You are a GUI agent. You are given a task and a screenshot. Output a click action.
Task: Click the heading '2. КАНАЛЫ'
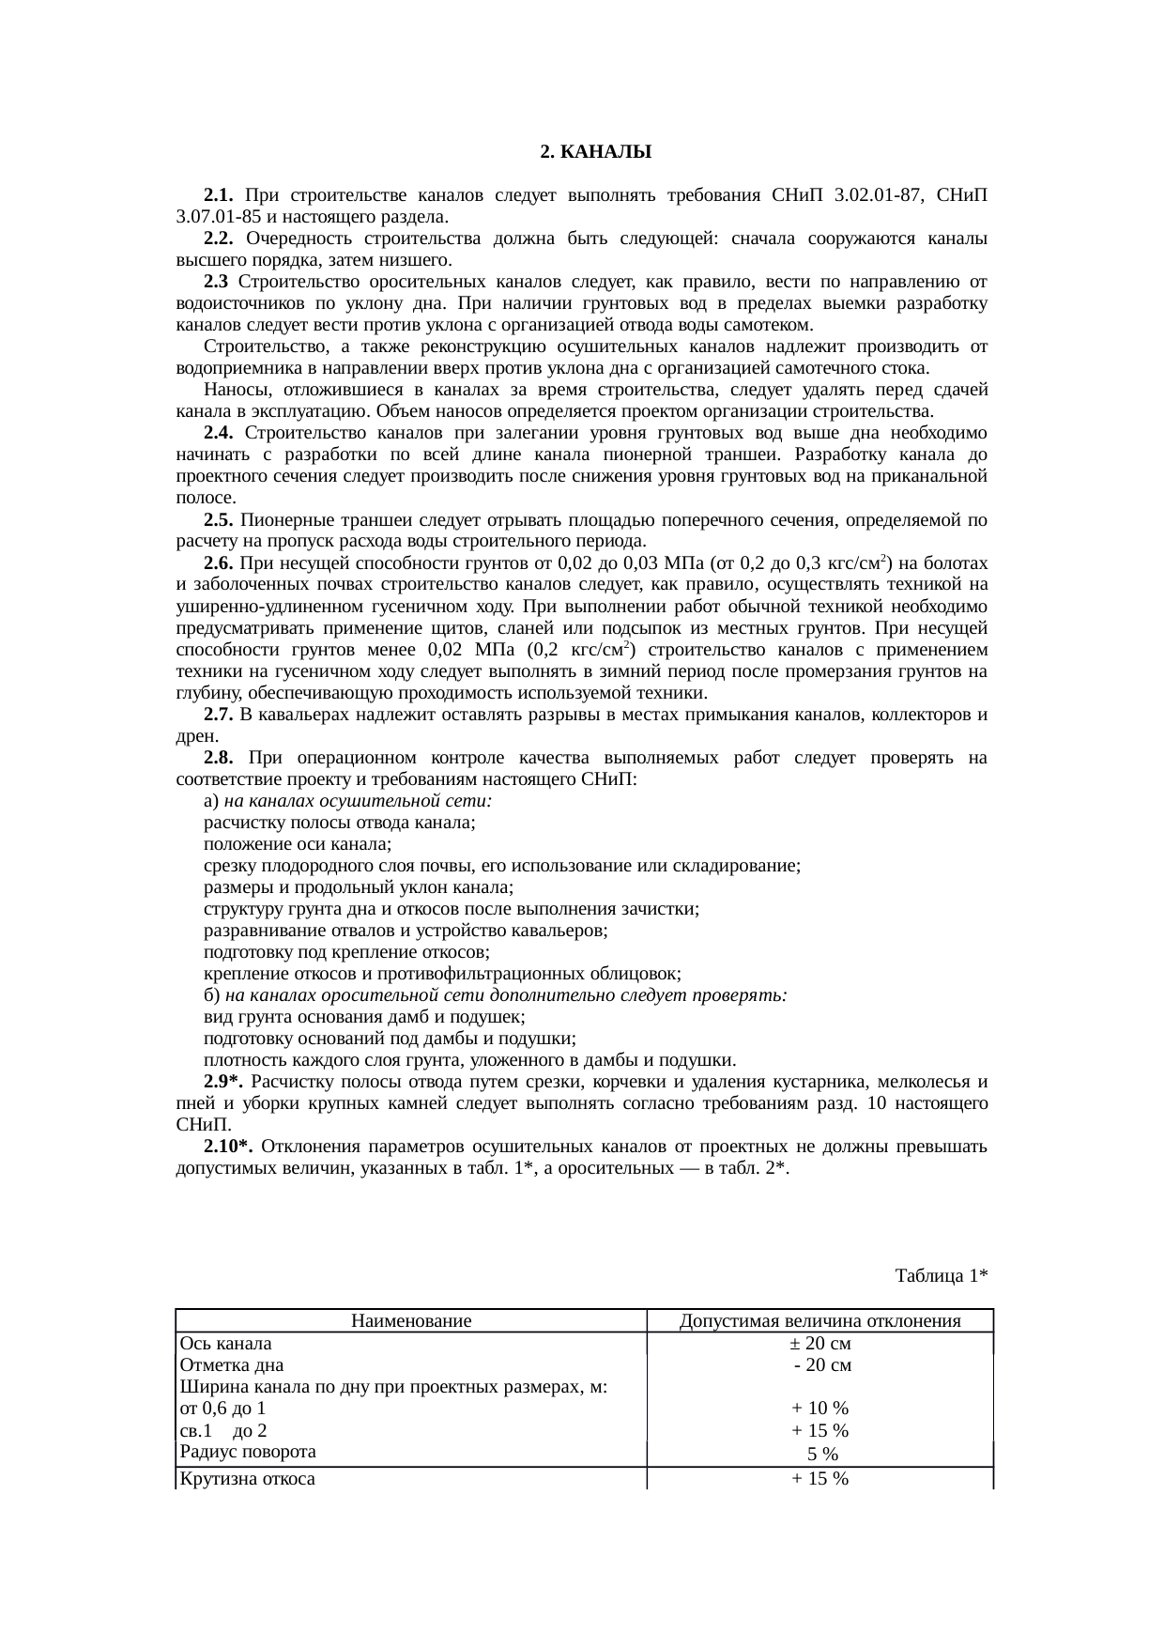coord(595,152)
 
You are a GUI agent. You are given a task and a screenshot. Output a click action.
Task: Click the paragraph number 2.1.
coord(218,195)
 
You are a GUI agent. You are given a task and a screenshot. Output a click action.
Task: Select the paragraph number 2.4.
coord(218,433)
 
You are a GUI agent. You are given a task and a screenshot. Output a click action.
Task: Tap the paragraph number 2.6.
coord(218,563)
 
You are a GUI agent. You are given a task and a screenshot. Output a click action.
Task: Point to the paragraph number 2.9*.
coord(223,1082)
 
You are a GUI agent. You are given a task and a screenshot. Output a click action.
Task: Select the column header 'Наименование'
coord(411,1321)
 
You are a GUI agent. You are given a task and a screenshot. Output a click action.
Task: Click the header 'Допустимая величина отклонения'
coord(819,1321)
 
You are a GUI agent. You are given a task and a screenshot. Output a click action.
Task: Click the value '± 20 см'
coord(820,1344)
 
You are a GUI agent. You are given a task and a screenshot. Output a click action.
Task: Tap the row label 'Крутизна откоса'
coord(247,1479)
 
